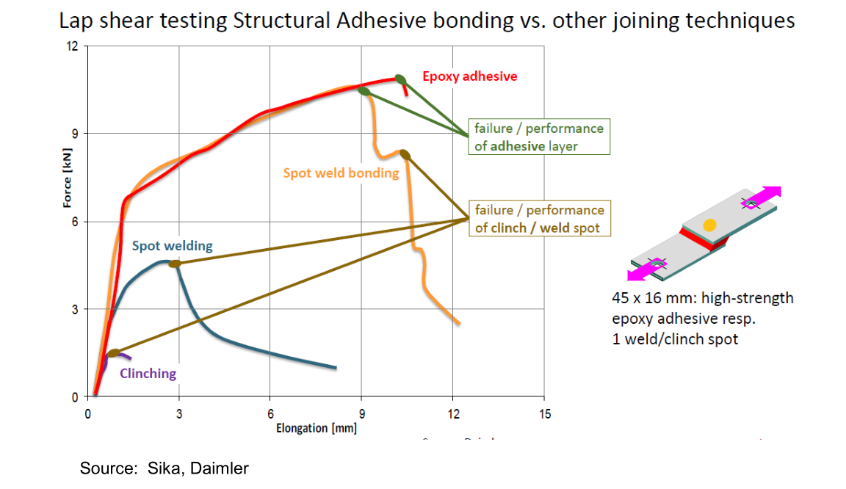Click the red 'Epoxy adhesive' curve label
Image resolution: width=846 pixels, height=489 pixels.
pyautogui.click(x=469, y=76)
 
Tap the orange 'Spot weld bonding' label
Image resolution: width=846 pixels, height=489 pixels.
pyautogui.click(x=341, y=173)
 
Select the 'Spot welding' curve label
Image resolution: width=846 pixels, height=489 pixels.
pyautogui.click(x=172, y=246)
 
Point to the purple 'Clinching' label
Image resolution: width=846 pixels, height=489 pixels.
pyautogui.click(x=148, y=373)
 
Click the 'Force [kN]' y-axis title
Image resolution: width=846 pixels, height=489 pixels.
pyautogui.click(x=67, y=181)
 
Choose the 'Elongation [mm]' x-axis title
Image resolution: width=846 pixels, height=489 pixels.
pyautogui.click(x=316, y=427)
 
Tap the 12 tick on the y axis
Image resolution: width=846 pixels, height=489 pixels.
pyautogui.click(x=72, y=46)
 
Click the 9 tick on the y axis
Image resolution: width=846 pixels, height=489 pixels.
pyautogui.click(x=74, y=134)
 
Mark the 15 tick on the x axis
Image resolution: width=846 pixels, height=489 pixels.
pyautogui.click(x=543, y=413)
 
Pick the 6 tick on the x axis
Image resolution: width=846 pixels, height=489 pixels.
pyautogui.click(x=270, y=413)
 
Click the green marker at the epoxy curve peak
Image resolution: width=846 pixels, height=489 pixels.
pyautogui.click(x=400, y=79)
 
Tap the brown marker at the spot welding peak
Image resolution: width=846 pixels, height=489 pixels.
pyautogui.click(x=174, y=264)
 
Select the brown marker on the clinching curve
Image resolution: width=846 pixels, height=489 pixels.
pyautogui.click(x=113, y=354)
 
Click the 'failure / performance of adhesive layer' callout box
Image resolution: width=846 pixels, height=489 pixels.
pyautogui.click(x=539, y=137)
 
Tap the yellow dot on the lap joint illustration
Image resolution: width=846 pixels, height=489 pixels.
pyautogui.click(x=709, y=225)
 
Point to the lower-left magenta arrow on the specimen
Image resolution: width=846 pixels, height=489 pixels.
pyautogui.click(x=643, y=269)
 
